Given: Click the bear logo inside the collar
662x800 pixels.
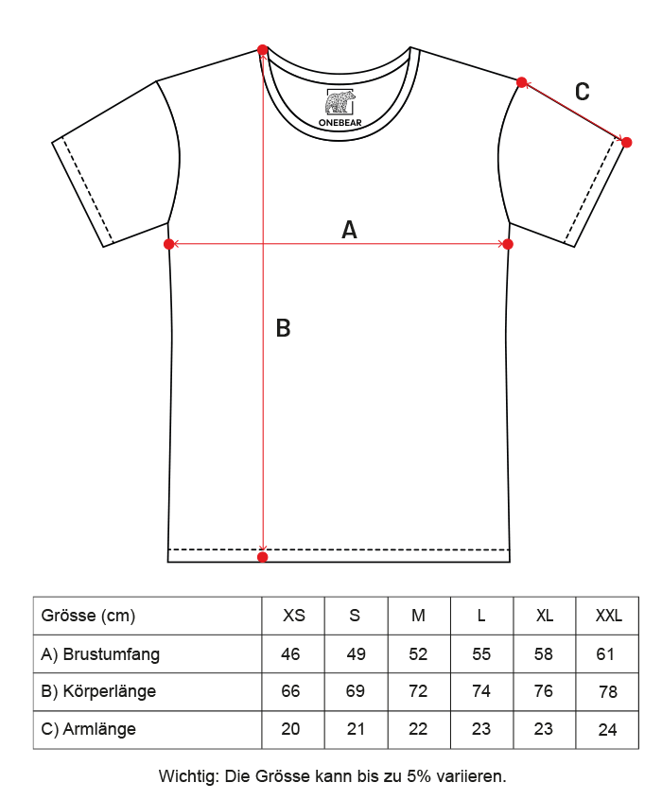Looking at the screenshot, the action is pyautogui.click(x=340, y=102).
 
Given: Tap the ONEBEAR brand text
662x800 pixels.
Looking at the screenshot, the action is pyautogui.click(x=340, y=122).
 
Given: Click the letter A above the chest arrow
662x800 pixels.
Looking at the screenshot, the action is pyautogui.click(x=349, y=230).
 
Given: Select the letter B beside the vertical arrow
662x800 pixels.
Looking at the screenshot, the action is pyautogui.click(x=283, y=328).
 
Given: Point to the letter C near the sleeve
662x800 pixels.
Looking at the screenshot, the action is pyautogui.click(x=582, y=92).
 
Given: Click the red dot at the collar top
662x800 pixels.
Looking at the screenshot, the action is pyautogui.click(x=262, y=49).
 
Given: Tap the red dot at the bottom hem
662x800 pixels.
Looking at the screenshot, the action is pyautogui.click(x=262, y=557).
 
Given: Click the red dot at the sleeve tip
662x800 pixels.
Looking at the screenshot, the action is pyautogui.click(x=627, y=143).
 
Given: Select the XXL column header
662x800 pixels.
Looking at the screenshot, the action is pyautogui.click(x=608, y=616).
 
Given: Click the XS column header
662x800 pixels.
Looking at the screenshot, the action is pyautogui.click(x=294, y=616).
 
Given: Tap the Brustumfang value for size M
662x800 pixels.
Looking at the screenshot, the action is pyautogui.click(x=418, y=654).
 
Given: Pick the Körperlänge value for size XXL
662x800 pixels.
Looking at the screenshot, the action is pyautogui.click(x=608, y=692).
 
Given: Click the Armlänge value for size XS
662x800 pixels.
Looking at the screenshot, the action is pyautogui.click(x=290, y=729).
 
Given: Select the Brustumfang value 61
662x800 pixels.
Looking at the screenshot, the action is pyautogui.click(x=605, y=654).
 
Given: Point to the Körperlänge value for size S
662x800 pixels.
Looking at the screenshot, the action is pyautogui.click(x=356, y=691).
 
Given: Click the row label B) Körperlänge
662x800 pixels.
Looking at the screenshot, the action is pyautogui.click(x=98, y=691).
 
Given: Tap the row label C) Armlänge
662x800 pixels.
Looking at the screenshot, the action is pyautogui.click(x=88, y=730).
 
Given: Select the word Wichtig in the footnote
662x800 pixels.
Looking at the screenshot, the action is pyautogui.click(x=188, y=776).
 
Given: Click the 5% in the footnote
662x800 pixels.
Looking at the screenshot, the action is pyautogui.click(x=417, y=776).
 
